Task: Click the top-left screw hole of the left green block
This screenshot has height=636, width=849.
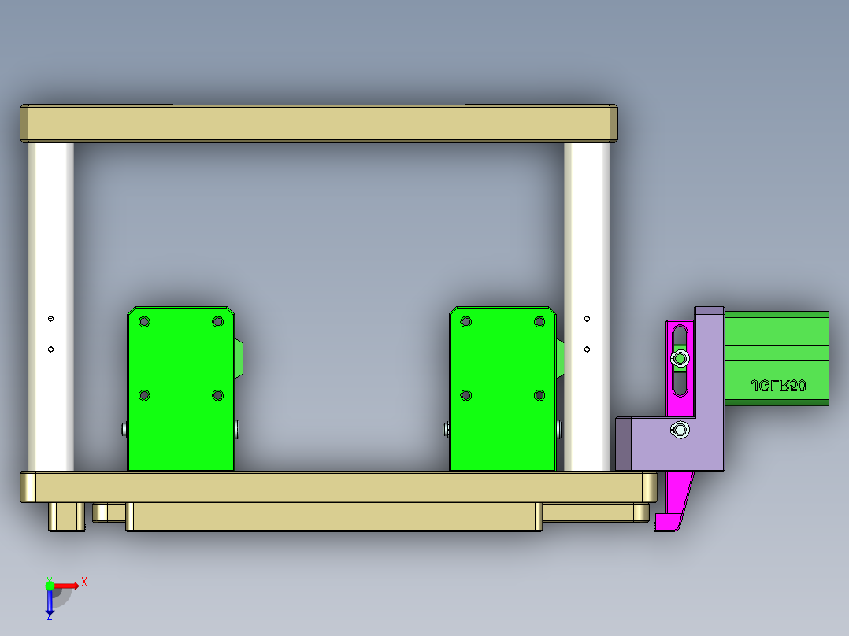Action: pyautogui.click(x=144, y=321)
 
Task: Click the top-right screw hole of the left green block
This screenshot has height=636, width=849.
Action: pyautogui.click(x=217, y=321)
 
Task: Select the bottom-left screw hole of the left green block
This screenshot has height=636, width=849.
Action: pyautogui.click(x=144, y=395)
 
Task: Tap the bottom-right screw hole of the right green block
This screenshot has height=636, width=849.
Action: pyautogui.click(x=539, y=395)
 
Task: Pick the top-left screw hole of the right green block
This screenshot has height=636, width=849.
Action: pyautogui.click(x=466, y=321)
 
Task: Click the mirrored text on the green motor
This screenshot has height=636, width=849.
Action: pyautogui.click(x=777, y=386)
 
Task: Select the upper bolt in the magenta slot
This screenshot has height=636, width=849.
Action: pyautogui.click(x=680, y=360)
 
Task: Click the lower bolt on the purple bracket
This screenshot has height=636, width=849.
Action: pyautogui.click(x=680, y=430)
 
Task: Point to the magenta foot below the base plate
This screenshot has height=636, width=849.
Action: pyautogui.click(x=671, y=512)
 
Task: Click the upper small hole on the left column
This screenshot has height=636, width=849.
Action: pyautogui.click(x=51, y=319)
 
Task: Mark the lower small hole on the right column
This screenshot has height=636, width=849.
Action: pyautogui.click(x=587, y=348)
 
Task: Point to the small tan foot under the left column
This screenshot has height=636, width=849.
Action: pyautogui.click(x=67, y=516)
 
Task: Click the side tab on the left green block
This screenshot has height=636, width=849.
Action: pyautogui.click(x=239, y=359)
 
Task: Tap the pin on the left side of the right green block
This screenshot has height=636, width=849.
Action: pyautogui.click(x=446, y=429)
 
